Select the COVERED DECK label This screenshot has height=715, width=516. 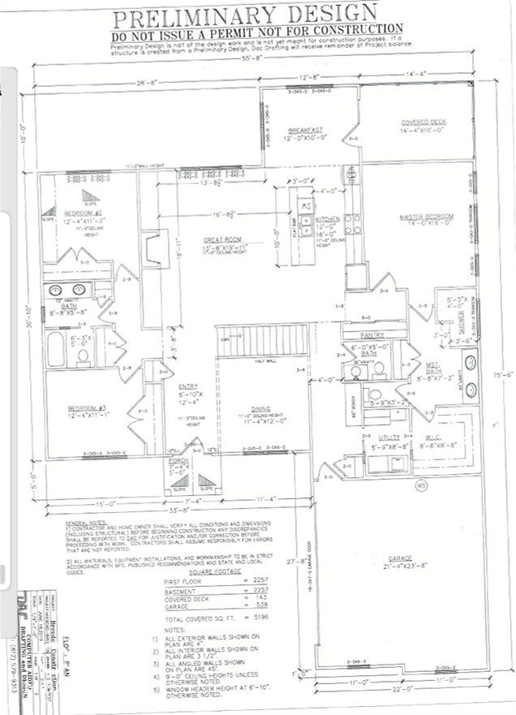[x=423, y=123]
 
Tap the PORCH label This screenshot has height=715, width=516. [x=178, y=461]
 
